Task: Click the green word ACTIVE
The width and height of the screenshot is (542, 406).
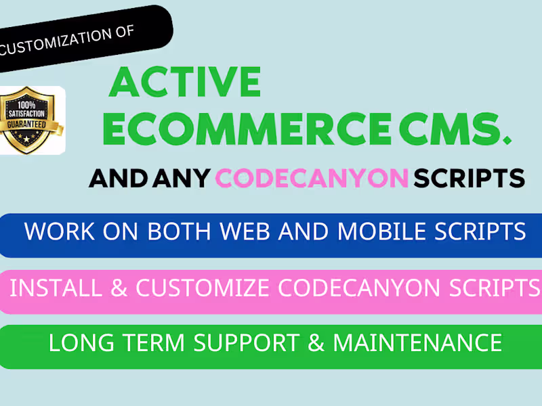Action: point(184,83)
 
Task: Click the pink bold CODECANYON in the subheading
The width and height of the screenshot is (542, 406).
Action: point(312,178)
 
